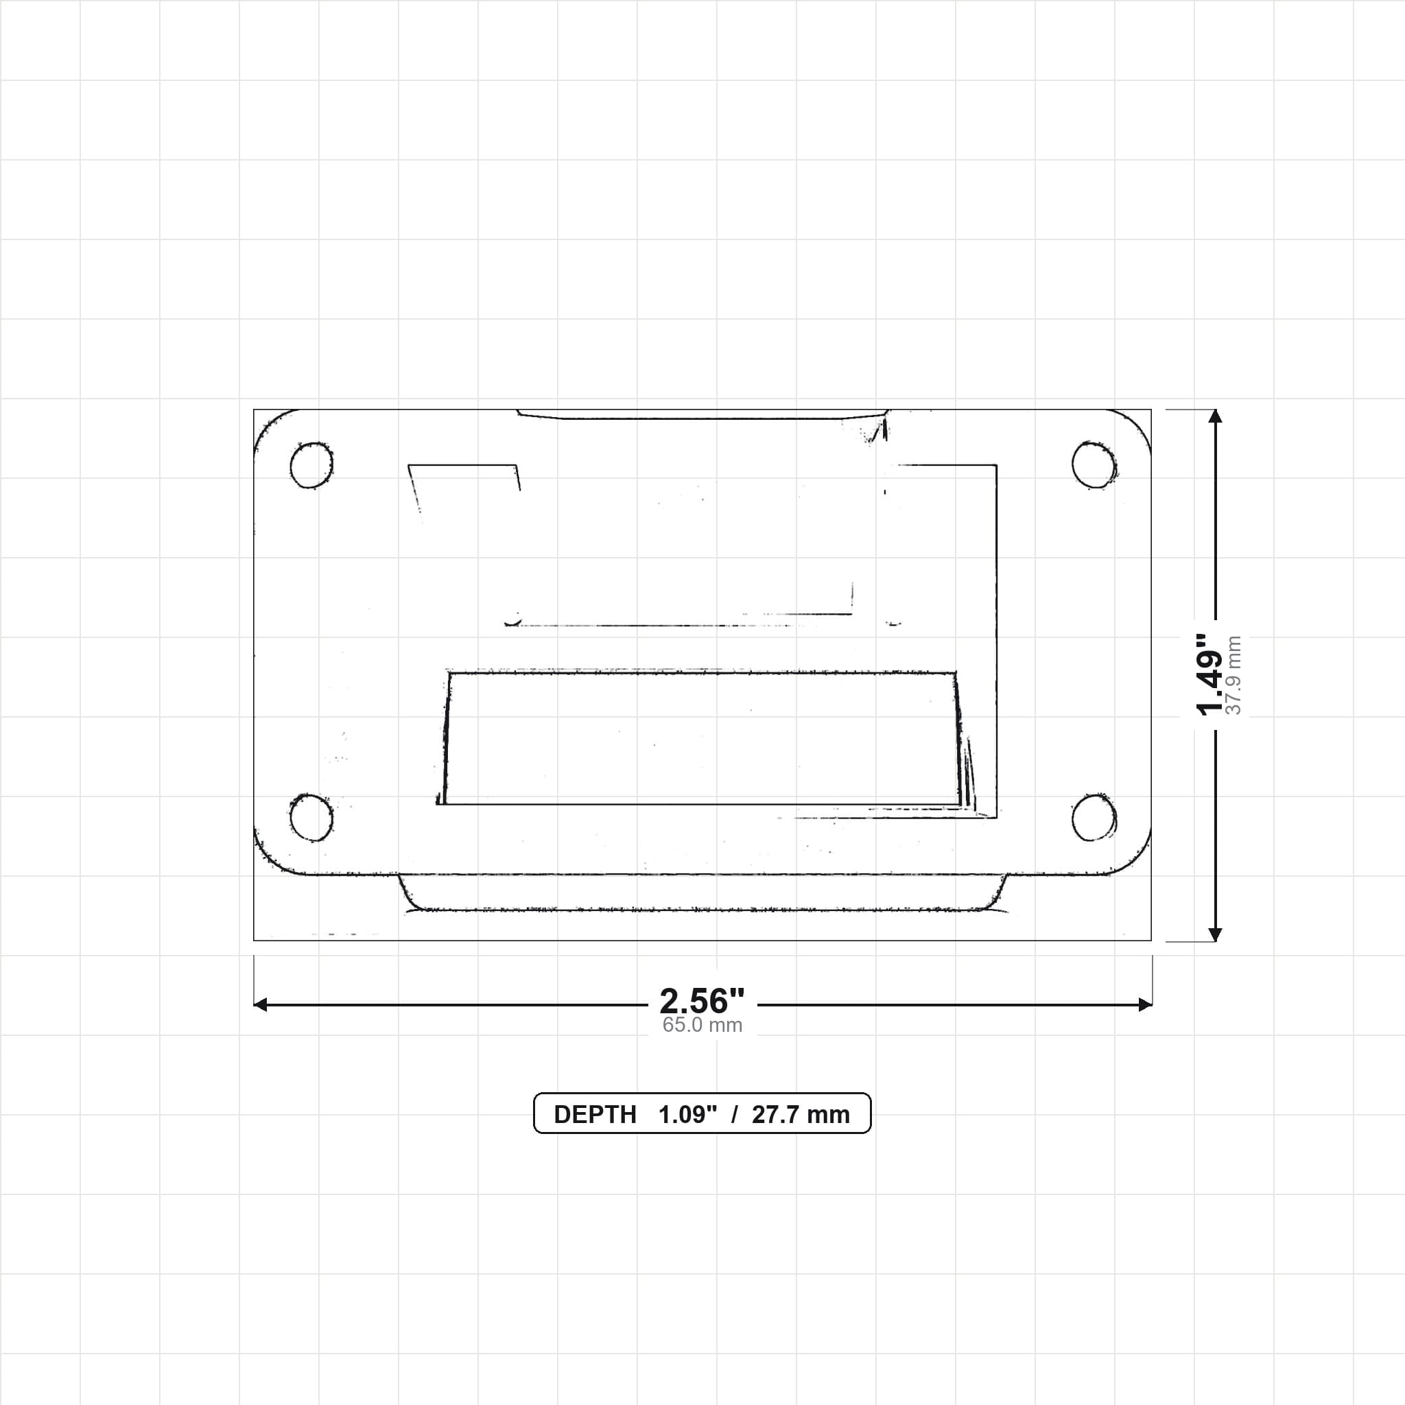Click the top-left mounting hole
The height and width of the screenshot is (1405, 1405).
pyautogui.click(x=311, y=464)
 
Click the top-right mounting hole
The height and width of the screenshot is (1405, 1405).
pyautogui.click(x=1094, y=464)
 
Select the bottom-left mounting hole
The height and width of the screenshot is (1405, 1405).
pyautogui.click(x=311, y=817)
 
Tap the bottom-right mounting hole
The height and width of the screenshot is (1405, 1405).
pyautogui.click(x=1094, y=817)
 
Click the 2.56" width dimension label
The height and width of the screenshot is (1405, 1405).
pyautogui.click(x=702, y=1002)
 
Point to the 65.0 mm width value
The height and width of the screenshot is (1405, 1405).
pyautogui.click(x=702, y=1026)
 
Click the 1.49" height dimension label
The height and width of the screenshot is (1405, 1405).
pyautogui.click(x=1210, y=675)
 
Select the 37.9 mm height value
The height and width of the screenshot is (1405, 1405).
pyautogui.click(x=1234, y=676)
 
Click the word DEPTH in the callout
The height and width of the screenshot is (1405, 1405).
pyautogui.click(x=595, y=1115)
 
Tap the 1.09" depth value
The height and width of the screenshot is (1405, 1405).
pyautogui.click(x=688, y=1115)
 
